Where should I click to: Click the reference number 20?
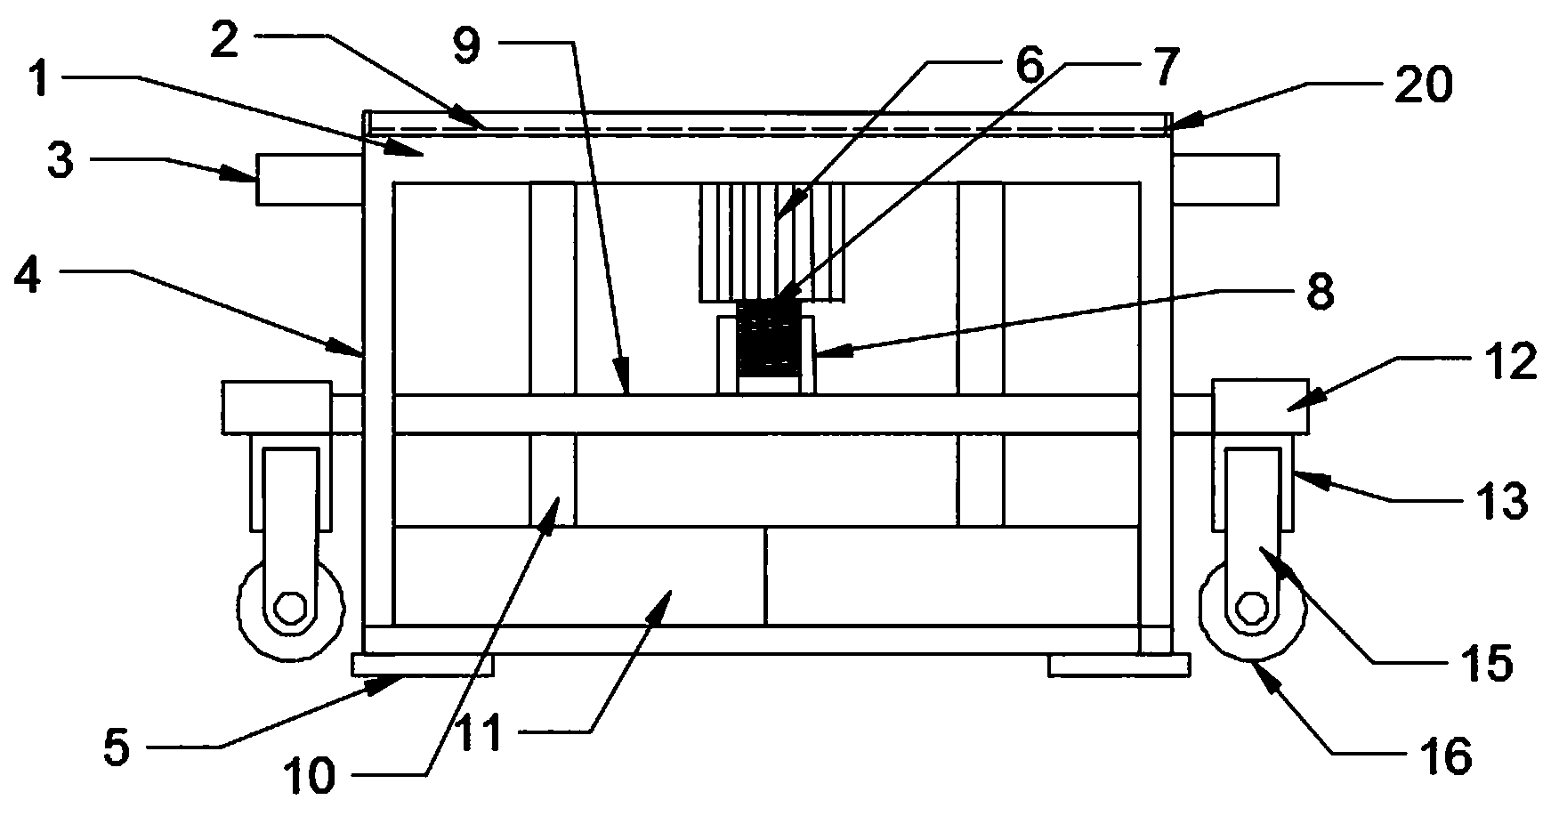[x=1417, y=86]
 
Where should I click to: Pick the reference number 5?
[x=116, y=749]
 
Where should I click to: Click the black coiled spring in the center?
[x=765, y=338]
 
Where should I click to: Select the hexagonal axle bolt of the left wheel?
[x=289, y=610]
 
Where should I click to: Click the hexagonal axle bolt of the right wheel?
[x=1253, y=610]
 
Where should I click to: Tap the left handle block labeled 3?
[x=310, y=180]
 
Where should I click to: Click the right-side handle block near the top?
[x=1225, y=180]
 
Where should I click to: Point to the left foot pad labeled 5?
[x=423, y=665]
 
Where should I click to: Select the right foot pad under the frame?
[x=1119, y=665]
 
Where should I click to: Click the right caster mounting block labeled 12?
[x=1260, y=406]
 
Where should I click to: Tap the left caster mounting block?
[x=276, y=408]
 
